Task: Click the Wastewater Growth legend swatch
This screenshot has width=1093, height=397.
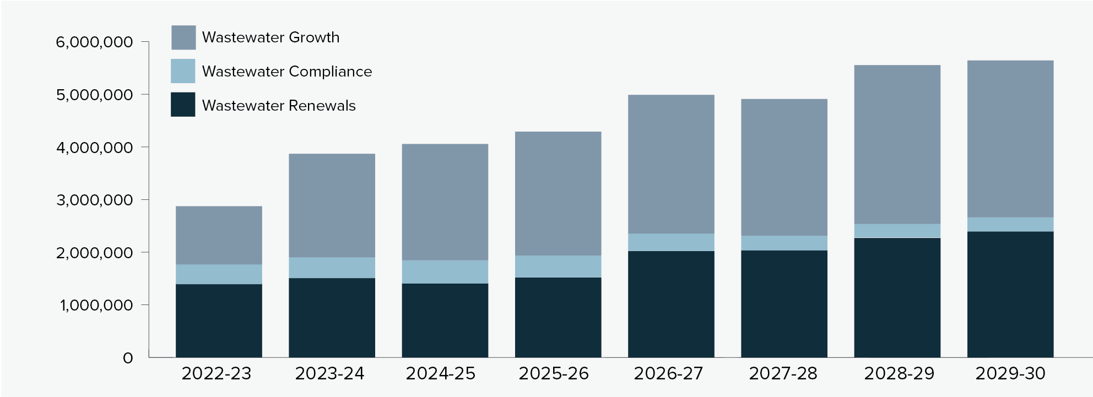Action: point(183,37)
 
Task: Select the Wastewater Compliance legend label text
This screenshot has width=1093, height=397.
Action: point(286,72)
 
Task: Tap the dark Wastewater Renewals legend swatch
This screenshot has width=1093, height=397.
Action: point(183,105)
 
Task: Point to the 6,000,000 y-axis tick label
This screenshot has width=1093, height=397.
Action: point(94,42)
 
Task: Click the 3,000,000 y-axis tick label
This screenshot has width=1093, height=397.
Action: point(94,200)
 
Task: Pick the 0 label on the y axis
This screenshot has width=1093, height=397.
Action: point(128,358)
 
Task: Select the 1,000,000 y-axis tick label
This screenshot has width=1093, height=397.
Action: point(96,306)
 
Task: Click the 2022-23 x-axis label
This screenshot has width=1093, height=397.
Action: point(216,374)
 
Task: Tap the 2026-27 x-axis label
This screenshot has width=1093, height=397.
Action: point(668,374)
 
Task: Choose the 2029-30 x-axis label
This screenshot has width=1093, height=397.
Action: point(1010,374)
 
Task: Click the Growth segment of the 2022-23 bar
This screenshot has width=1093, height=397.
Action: point(219,236)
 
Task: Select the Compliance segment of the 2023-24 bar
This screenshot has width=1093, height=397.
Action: point(332,268)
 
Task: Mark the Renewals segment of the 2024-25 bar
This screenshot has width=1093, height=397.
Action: point(445,320)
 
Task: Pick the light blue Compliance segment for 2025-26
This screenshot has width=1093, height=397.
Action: point(558,267)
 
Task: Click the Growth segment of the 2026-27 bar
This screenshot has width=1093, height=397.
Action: point(671,164)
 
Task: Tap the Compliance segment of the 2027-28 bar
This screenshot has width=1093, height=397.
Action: point(784,243)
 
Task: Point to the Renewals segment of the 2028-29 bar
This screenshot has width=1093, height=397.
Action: point(897,297)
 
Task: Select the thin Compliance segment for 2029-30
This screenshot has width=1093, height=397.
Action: point(1010,224)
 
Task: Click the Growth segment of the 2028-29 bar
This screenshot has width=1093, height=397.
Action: point(897,144)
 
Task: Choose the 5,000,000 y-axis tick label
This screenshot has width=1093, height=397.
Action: point(94,95)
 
